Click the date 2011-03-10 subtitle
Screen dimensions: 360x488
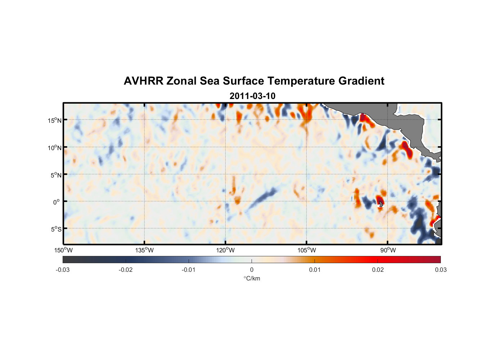click(252, 96)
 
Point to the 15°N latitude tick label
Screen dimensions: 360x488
click(54, 120)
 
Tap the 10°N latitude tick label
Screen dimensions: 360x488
click(54, 148)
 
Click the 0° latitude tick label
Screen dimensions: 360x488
click(56, 202)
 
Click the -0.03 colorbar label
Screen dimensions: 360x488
click(63, 270)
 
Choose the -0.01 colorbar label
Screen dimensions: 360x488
click(189, 270)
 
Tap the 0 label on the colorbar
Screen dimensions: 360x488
click(252, 270)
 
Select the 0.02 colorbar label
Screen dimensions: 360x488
click(378, 270)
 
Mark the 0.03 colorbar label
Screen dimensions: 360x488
click(440, 270)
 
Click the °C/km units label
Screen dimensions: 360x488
click(252, 278)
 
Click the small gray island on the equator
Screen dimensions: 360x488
click(381, 204)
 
